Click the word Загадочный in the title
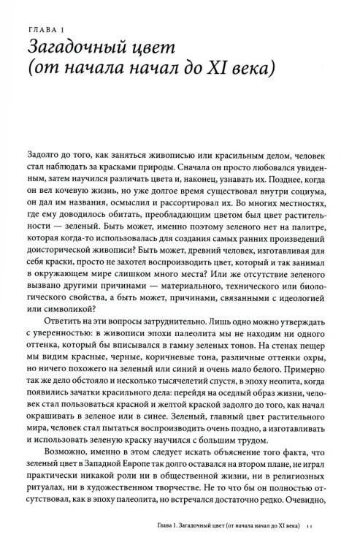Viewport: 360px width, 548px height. coord(76,47)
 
